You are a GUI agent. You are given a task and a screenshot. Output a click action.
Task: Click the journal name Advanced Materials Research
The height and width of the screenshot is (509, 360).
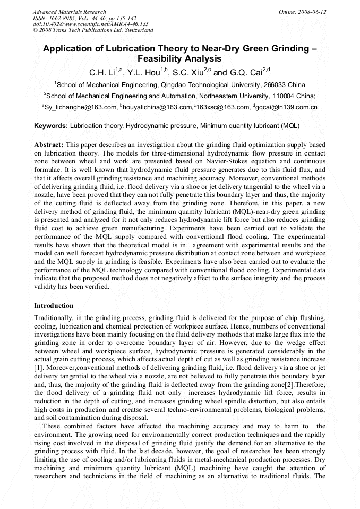[x=69, y=12]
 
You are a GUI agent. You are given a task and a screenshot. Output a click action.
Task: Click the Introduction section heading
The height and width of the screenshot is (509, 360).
[x=54, y=306]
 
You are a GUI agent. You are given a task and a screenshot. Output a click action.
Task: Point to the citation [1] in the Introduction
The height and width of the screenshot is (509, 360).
[x=38, y=366]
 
